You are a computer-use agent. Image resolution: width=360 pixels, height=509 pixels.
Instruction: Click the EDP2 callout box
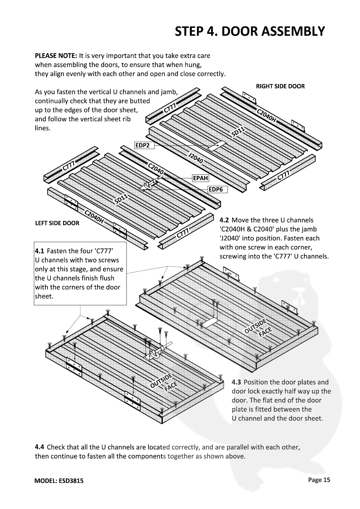[144, 145]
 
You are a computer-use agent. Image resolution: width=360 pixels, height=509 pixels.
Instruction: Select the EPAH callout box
[201, 178]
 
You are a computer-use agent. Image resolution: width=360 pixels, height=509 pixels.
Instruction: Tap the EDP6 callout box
[218, 190]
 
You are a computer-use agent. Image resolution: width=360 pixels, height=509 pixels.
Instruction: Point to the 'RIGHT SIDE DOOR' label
[280, 86]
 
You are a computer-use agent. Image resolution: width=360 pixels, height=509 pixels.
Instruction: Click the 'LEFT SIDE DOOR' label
[57, 223]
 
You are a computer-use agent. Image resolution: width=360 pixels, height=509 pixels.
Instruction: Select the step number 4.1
[39, 251]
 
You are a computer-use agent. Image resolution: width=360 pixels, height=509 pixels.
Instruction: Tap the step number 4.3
[237, 382]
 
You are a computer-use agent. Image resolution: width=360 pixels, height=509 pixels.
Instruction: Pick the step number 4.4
[40, 447]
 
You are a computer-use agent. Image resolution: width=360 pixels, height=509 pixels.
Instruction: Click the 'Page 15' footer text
[319, 480]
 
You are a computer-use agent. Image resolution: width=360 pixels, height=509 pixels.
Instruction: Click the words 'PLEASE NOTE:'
[56, 56]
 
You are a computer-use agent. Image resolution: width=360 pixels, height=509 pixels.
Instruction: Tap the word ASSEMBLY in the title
[293, 31]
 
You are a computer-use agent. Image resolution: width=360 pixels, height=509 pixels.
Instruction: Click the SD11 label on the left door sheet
[122, 199]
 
